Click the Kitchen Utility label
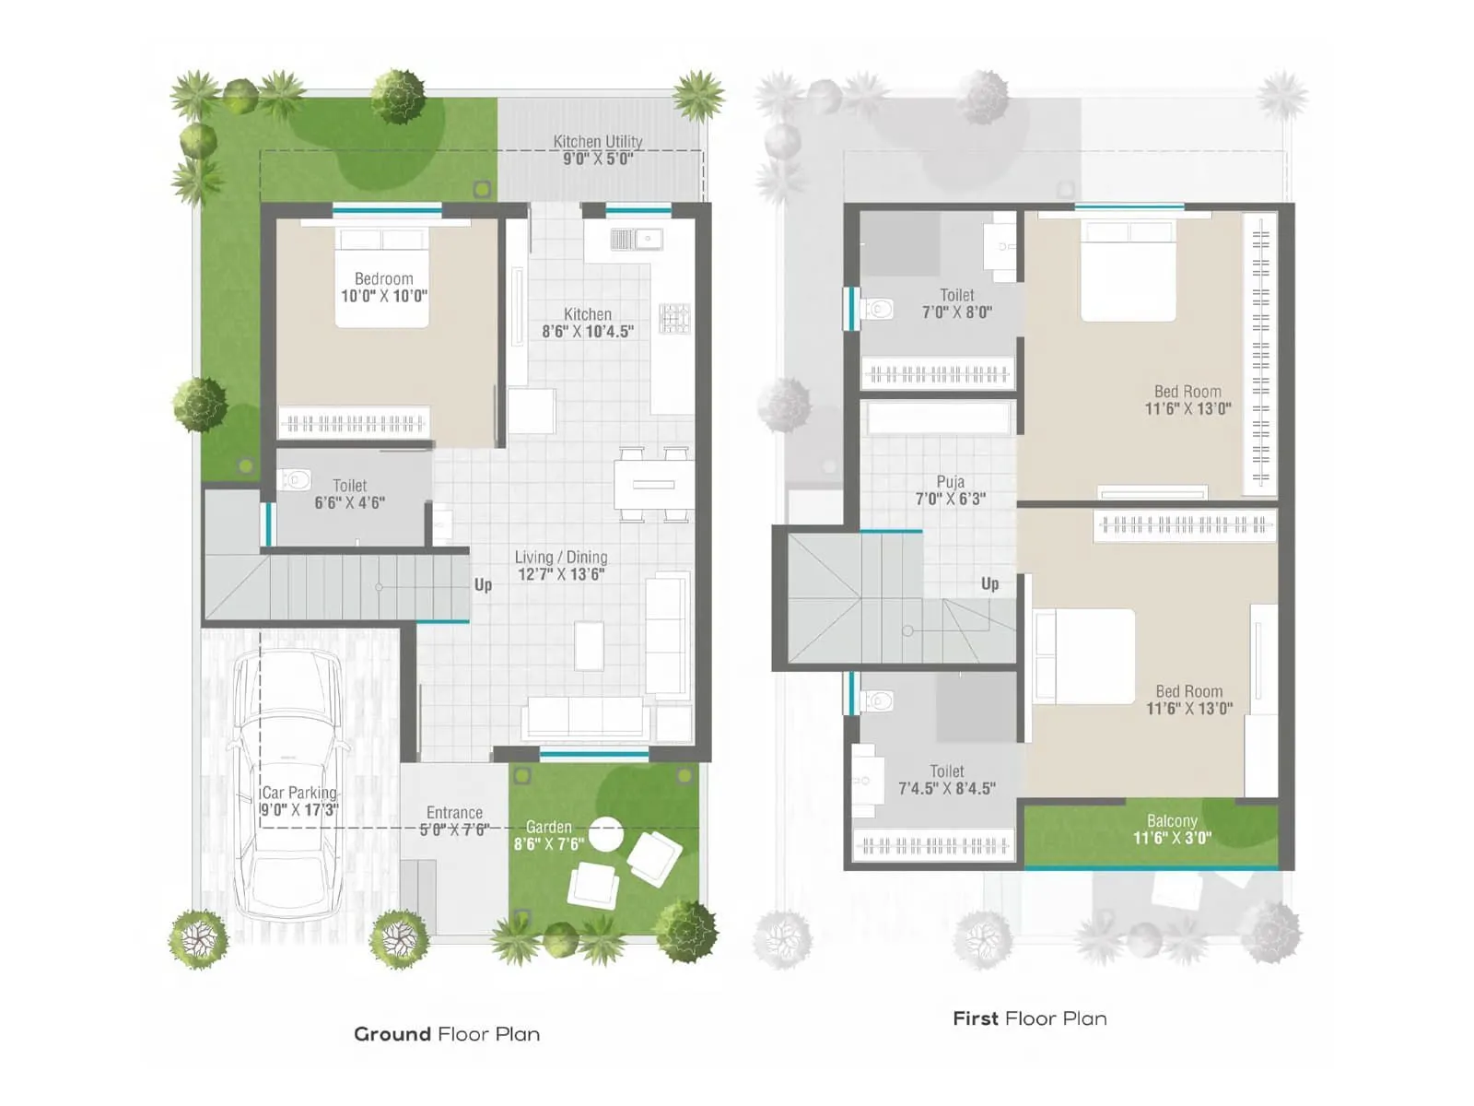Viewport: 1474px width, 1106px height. [x=598, y=141]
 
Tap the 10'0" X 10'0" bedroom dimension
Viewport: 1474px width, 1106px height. [x=384, y=297]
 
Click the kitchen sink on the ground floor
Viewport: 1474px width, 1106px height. [x=636, y=240]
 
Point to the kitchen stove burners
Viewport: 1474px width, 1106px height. [x=674, y=318]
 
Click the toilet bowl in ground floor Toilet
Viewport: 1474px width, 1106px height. [x=295, y=480]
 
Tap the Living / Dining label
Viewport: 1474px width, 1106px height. [x=560, y=558]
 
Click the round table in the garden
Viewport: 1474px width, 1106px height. [x=605, y=834]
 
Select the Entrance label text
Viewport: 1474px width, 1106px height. [x=454, y=813]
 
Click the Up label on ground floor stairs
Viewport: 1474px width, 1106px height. [x=483, y=584]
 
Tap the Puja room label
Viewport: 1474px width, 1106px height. [x=951, y=482]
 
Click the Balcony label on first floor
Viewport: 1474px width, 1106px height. [x=1172, y=820]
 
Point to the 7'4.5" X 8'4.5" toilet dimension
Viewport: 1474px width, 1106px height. [x=947, y=789]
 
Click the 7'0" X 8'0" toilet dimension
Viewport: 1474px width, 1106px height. [x=957, y=312]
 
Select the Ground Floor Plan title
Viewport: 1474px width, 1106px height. [x=447, y=1034]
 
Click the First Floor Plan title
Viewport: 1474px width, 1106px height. [x=1029, y=1018]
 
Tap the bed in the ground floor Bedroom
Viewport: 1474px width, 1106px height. [x=382, y=276]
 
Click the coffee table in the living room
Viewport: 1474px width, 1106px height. [x=590, y=645]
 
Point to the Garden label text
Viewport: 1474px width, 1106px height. [x=548, y=828]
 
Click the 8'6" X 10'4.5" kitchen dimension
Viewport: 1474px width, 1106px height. [x=588, y=332]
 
